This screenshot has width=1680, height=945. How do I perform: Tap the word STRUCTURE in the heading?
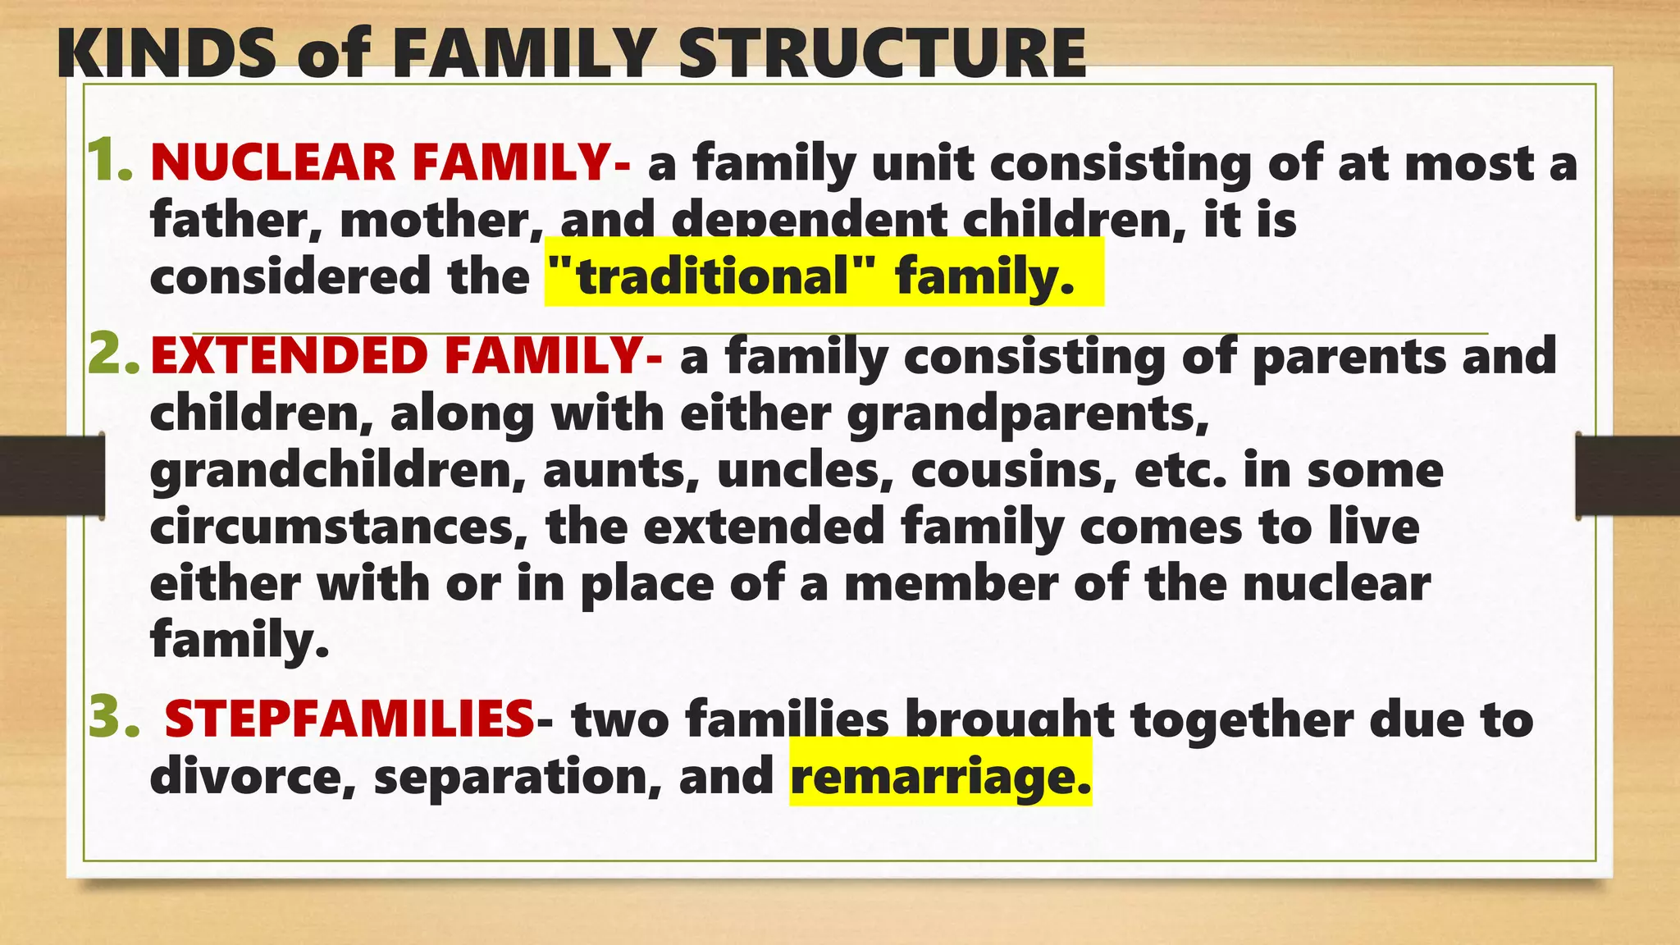pos(882,53)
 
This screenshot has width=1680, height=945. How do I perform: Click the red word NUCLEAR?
pos(273,162)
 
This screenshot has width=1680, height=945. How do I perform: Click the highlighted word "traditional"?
pos(710,276)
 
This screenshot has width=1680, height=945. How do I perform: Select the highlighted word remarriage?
pos(940,776)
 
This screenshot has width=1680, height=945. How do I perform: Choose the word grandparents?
pos(1028,413)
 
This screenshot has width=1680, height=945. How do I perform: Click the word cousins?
pos(1014,471)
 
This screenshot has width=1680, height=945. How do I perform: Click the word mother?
pos(435,220)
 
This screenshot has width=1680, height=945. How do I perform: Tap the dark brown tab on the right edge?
pos(1627,476)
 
